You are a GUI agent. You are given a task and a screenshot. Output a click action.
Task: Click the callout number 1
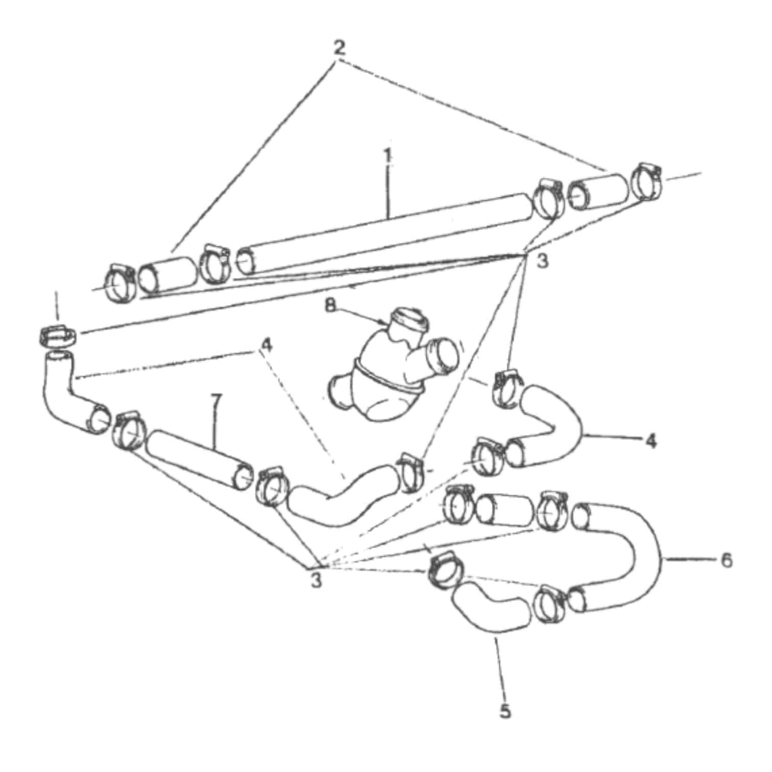point(389,155)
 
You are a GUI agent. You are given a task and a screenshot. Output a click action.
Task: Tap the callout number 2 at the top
point(340,48)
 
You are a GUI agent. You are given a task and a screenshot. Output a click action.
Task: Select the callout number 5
point(505,711)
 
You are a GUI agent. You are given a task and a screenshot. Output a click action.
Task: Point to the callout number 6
point(726,560)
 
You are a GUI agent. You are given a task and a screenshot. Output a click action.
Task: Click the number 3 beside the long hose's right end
point(542,261)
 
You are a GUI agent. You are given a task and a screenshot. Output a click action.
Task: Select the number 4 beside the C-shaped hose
point(650,440)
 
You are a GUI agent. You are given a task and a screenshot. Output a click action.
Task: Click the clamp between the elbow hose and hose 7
point(128,432)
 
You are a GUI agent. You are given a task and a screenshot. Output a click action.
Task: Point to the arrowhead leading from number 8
point(385,323)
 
